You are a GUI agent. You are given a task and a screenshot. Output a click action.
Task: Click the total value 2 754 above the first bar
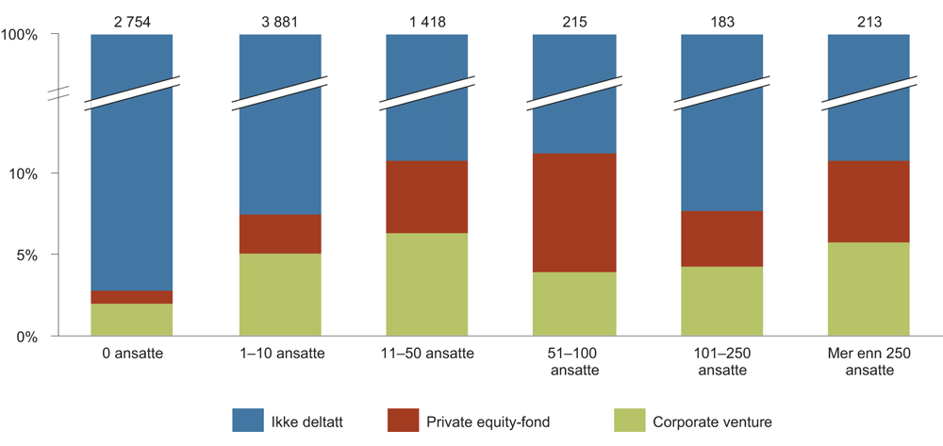click(x=131, y=16)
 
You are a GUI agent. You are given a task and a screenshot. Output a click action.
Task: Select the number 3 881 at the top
click(x=278, y=16)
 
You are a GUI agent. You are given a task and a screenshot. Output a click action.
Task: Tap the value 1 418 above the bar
click(x=426, y=16)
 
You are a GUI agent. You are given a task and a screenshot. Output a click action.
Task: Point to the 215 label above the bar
click(x=574, y=16)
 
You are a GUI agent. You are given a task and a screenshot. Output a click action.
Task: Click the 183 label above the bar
click(x=721, y=16)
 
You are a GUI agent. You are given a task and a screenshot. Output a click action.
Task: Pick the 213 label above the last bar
click(x=869, y=16)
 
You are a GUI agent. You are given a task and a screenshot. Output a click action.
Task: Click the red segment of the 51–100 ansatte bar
click(x=574, y=212)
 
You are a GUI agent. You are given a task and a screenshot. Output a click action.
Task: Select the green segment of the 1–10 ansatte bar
click(x=278, y=294)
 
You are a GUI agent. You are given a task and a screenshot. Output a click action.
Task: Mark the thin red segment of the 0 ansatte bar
click(x=131, y=297)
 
